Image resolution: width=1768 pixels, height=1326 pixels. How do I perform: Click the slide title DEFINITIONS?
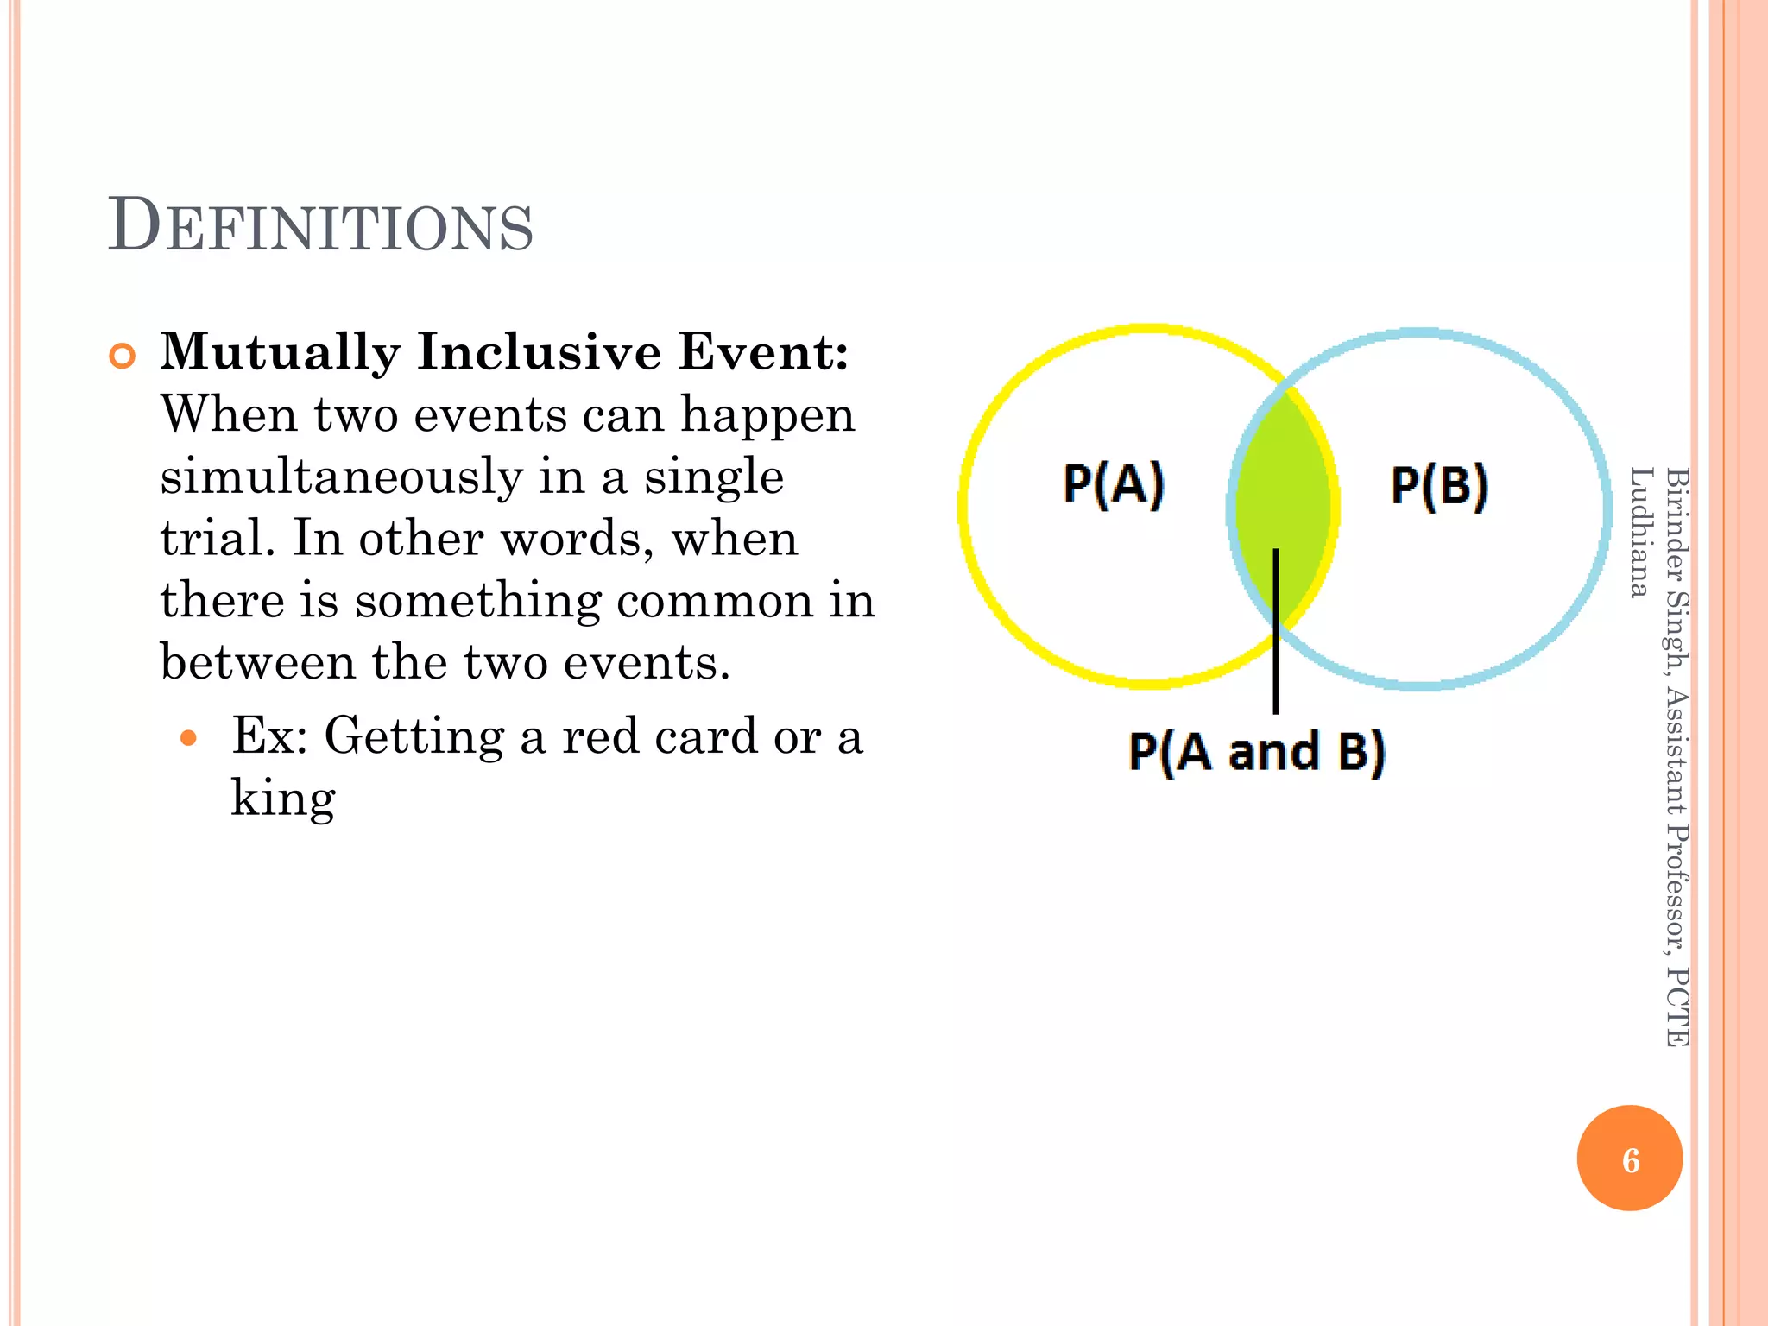[x=320, y=226]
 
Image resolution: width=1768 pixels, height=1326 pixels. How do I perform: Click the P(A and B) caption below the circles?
[x=1256, y=751]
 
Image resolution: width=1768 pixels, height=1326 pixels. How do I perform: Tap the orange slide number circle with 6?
[x=1629, y=1159]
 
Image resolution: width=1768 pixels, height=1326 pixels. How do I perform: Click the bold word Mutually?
[x=280, y=353]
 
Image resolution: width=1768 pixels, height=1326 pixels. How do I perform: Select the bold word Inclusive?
[x=539, y=353]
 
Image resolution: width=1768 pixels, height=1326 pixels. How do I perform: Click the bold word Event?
[x=763, y=353]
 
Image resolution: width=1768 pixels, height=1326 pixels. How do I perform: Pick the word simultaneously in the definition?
[x=341, y=477]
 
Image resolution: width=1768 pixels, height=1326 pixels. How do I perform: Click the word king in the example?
[x=282, y=799]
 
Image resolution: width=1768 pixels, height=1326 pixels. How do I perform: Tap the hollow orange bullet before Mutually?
[x=123, y=356]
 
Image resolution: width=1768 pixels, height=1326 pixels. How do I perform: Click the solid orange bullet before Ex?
[x=188, y=739]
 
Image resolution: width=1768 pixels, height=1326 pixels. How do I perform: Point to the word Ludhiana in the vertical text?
[x=1639, y=532]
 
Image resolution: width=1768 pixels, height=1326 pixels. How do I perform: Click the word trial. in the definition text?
[x=218, y=540]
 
